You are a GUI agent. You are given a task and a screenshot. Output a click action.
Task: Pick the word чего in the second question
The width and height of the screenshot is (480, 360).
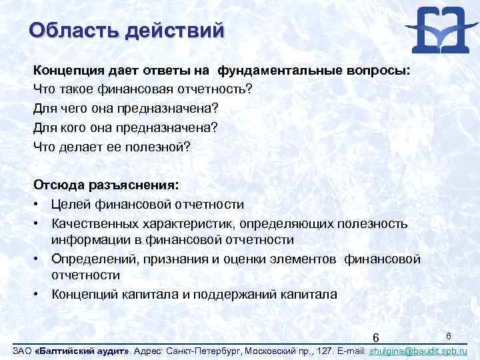(x=73, y=107)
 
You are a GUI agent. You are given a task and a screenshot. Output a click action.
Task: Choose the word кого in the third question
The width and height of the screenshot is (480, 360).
(x=73, y=126)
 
